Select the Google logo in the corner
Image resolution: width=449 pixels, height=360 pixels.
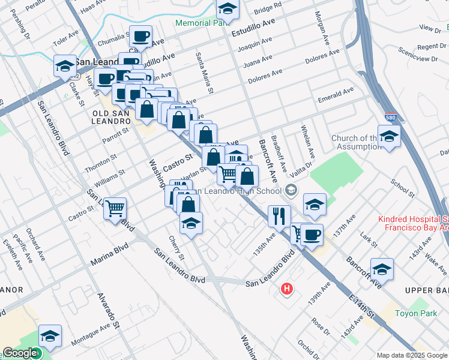(20, 353)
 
